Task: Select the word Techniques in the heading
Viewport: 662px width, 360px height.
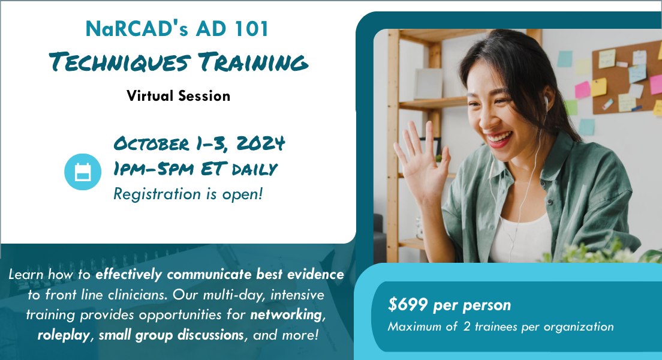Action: [x=119, y=62]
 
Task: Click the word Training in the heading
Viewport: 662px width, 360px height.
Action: [x=253, y=62]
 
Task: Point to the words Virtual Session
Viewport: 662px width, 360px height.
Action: [x=178, y=96]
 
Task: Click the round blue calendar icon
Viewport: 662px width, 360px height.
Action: [x=83, y=172]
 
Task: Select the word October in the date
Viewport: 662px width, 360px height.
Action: [x=151, y=143]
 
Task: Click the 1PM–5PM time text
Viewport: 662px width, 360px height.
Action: [x=154, y=169]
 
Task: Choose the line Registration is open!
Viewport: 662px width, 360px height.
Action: [x=188, y=194]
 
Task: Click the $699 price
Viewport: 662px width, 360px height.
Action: [x=407, y=304]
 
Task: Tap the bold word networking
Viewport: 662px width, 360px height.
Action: [x=287, y=315]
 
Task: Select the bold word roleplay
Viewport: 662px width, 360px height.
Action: [x=64, y=335]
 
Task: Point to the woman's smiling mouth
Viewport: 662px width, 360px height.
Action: [x=499, y=139]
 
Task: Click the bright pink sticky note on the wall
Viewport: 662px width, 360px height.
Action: [x=582, y=89]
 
